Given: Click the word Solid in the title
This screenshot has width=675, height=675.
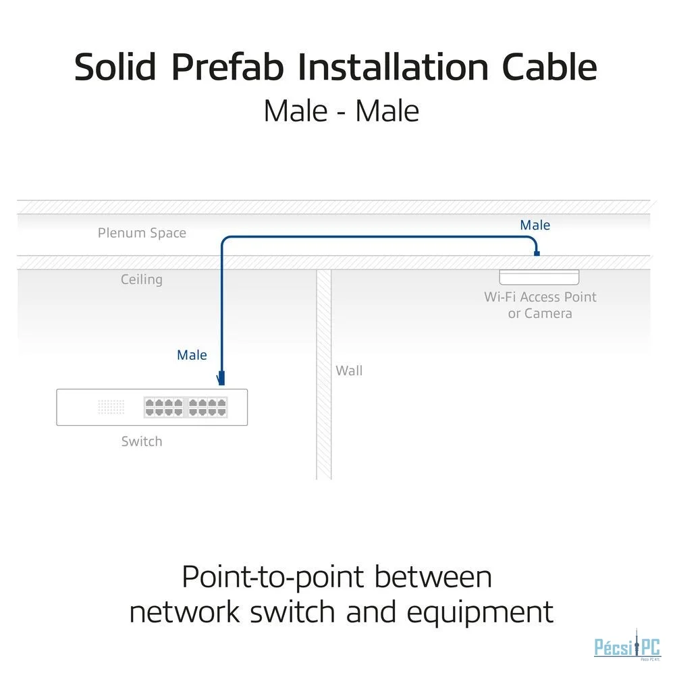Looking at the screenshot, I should (x=116, y=67).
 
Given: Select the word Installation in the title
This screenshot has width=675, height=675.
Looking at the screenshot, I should (x=393, y=67).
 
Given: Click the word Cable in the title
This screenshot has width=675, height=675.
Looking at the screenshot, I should (x=549, y=67).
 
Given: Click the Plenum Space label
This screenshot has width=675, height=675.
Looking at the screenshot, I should (x=142, y=233).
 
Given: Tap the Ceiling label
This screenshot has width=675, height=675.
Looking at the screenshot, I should (x=142, y=279).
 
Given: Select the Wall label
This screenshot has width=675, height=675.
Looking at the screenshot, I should (x=349, y=371).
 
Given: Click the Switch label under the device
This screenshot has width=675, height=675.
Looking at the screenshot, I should (x=142, y=441).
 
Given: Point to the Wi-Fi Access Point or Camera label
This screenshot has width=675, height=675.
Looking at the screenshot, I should (x=540, y=305).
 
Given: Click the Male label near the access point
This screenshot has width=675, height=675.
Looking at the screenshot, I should (x=535, y=225).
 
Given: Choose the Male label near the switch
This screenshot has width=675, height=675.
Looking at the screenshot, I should (x=192, y=355).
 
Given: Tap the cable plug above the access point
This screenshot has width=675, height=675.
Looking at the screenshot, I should (x=537, y=252).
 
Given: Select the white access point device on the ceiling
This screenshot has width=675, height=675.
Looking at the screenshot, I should (x=539, y=277).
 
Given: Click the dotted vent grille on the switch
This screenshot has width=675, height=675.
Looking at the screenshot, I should (x=111, y=407).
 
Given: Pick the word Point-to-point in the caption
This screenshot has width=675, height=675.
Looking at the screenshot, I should (x=274, y=577).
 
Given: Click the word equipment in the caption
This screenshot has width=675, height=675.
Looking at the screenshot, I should (x=479, y=612).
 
